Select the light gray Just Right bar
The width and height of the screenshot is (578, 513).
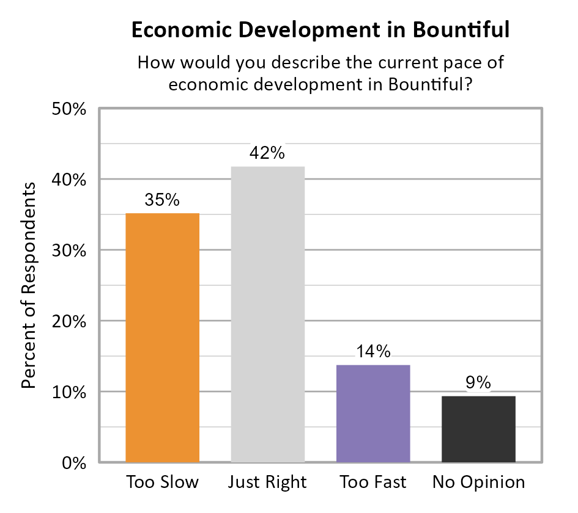(x=268, y=314)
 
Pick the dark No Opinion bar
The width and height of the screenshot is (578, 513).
(x=479, y=429)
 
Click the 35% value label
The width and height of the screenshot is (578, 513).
(x=162, y=200)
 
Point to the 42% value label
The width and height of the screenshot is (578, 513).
(x=267, y=153)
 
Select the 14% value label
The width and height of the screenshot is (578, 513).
(x=373, y=351)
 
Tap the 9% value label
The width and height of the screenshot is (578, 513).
(x=479, y=382)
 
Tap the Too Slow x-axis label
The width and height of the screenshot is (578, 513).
(x=162, y=482)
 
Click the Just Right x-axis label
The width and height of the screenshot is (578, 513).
(x=267, y=482)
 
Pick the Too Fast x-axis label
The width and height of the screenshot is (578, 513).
(x=373, y=482)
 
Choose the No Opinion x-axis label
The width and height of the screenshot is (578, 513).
(x=479, y=482)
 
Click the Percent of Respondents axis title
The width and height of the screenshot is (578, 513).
(x=29, y=285)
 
